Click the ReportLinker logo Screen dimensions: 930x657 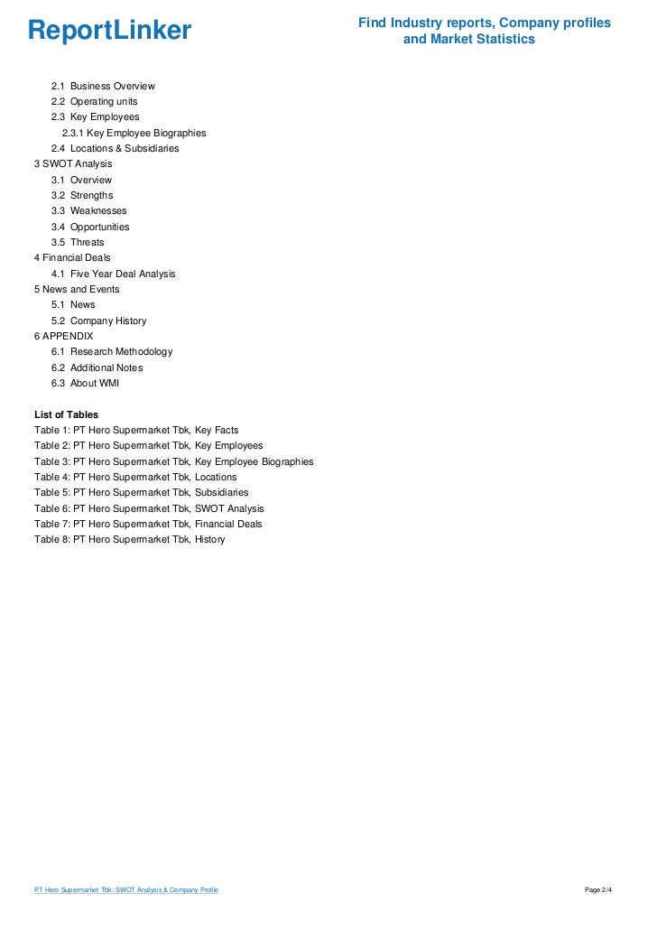coord(110,32)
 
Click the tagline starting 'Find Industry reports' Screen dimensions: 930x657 coord(484,31)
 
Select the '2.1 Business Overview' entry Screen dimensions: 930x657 coord(103,86)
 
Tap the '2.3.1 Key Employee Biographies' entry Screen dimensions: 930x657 coord(134,133)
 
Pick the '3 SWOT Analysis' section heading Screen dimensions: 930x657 coord(73,164)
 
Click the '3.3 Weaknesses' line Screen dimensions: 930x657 coord(88,211)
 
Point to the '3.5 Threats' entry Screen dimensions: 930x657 coord(78,242)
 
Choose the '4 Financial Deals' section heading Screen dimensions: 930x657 coord(72,257)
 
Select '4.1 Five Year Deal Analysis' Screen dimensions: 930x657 coord(113,274)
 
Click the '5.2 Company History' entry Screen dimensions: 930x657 coord(98,321)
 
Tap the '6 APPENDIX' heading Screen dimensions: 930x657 coord(63,336)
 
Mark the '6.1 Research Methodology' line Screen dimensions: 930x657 coord(112,351)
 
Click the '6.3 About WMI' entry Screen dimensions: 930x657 coord(85,383)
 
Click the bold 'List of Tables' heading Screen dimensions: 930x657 coord(66,414)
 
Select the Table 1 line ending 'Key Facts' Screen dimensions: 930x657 coord(136,431)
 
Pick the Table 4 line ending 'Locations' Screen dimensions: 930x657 coord(135,477)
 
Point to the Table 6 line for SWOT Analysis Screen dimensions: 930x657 coord(149,508)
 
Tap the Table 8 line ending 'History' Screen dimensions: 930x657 coord(129,540)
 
